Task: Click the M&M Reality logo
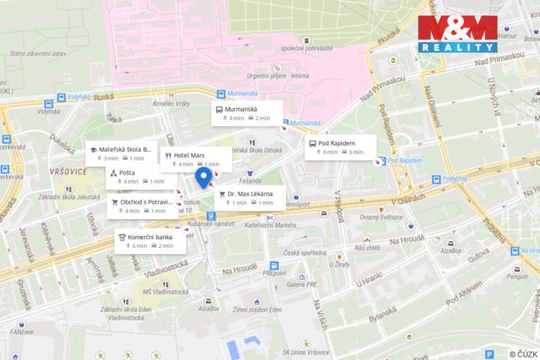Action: pos(457,34)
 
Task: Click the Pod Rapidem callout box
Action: pos(340,147)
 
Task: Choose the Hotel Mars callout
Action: pos(195,158)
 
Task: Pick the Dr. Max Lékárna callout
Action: pos(251,197)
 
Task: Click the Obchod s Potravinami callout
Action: pos(141,205)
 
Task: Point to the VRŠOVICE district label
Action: pos(69,171)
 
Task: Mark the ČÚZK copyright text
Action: pos(523,353)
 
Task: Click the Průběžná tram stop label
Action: pos(455,178)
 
